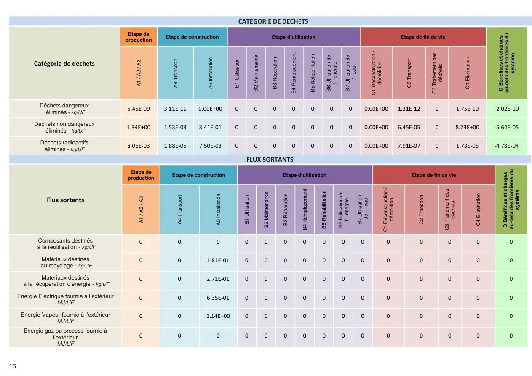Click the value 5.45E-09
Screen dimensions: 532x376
tap(139, 109)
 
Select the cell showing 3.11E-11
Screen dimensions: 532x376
tap(175, 109)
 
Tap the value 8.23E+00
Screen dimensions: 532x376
tap(467, 128)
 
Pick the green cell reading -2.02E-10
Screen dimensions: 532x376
tap(506, 109)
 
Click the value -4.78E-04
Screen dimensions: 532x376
tap(506, 146)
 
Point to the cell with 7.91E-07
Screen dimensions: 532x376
tap(409, 146)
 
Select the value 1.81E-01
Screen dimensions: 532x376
tap(218, 260)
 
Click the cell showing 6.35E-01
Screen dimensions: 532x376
tap(218, 298)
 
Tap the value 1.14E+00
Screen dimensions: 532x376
tap(218, 316)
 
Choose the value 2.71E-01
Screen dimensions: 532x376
tap(218, 279)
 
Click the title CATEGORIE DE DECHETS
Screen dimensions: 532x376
tap(273, 21)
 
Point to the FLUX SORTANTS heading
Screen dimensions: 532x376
tap(270, 160)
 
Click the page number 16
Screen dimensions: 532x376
tap(12, 366)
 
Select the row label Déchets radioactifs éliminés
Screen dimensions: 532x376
tap(64, 146)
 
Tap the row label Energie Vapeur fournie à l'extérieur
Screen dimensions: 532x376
tap(66, 317)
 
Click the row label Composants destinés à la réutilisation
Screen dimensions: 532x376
tap(66, 244)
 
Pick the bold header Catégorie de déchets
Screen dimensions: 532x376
tap(64, 64)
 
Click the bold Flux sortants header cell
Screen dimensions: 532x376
tap(65, 200)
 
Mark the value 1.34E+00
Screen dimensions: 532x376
tap(139, 128)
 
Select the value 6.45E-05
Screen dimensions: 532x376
tap(409, 128)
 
